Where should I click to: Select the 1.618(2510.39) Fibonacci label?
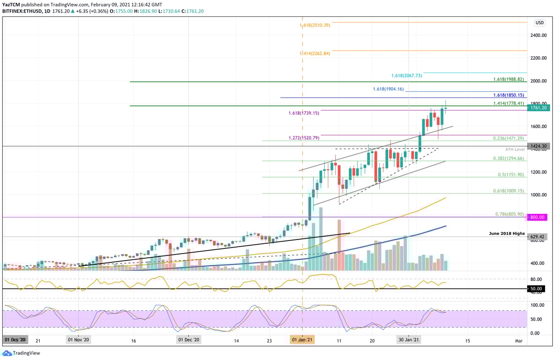[x=315, y=25]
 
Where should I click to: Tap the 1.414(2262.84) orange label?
[x=315, y=53]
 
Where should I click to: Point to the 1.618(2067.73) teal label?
[x=407, y=75]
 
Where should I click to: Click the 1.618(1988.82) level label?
[x=508, y=80]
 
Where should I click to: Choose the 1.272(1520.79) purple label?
[x=303, y=138]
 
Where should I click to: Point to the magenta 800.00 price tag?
[x=537, y=217]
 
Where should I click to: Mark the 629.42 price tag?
[x=537, y=237]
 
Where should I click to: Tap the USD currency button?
[x=539, y=22]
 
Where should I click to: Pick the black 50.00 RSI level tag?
[x=537, y=289]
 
